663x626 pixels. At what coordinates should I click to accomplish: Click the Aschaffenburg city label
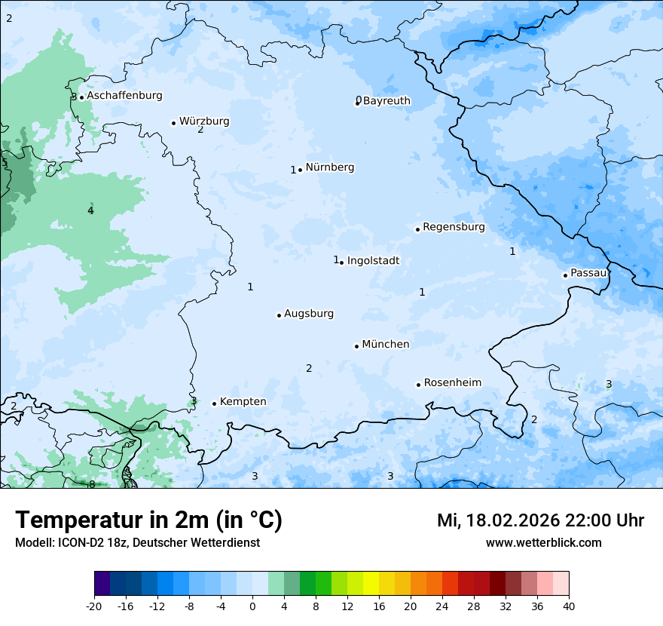pos(124,96)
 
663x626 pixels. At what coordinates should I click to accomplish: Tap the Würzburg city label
pos(204,121)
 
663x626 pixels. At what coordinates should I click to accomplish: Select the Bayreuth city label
pos(386,101)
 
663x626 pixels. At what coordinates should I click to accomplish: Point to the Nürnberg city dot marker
pos(300,170)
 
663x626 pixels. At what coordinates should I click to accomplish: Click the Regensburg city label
pos(454,227)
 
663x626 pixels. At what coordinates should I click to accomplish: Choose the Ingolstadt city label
pos(373,261)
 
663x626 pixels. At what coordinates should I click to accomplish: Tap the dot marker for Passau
pos(565,275)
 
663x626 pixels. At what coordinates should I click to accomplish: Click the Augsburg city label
pos(309,314)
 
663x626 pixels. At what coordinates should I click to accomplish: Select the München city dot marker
pos(356,346)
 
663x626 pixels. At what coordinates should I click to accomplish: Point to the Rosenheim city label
pos(452,383)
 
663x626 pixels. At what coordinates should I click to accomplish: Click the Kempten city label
pos(243,402)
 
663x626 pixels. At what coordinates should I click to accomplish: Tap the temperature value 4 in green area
pos(90,210)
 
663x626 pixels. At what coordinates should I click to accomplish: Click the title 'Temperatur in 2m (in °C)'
pos(148,520)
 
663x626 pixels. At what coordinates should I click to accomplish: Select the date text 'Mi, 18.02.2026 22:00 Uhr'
pos(540,520)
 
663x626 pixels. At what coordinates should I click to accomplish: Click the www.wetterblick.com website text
pos(543,543)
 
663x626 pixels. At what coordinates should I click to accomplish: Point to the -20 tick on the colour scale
pos(94,606)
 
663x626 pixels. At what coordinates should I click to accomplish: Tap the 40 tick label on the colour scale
pos(568,606)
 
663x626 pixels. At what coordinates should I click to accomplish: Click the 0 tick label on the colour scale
pos(252,606)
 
